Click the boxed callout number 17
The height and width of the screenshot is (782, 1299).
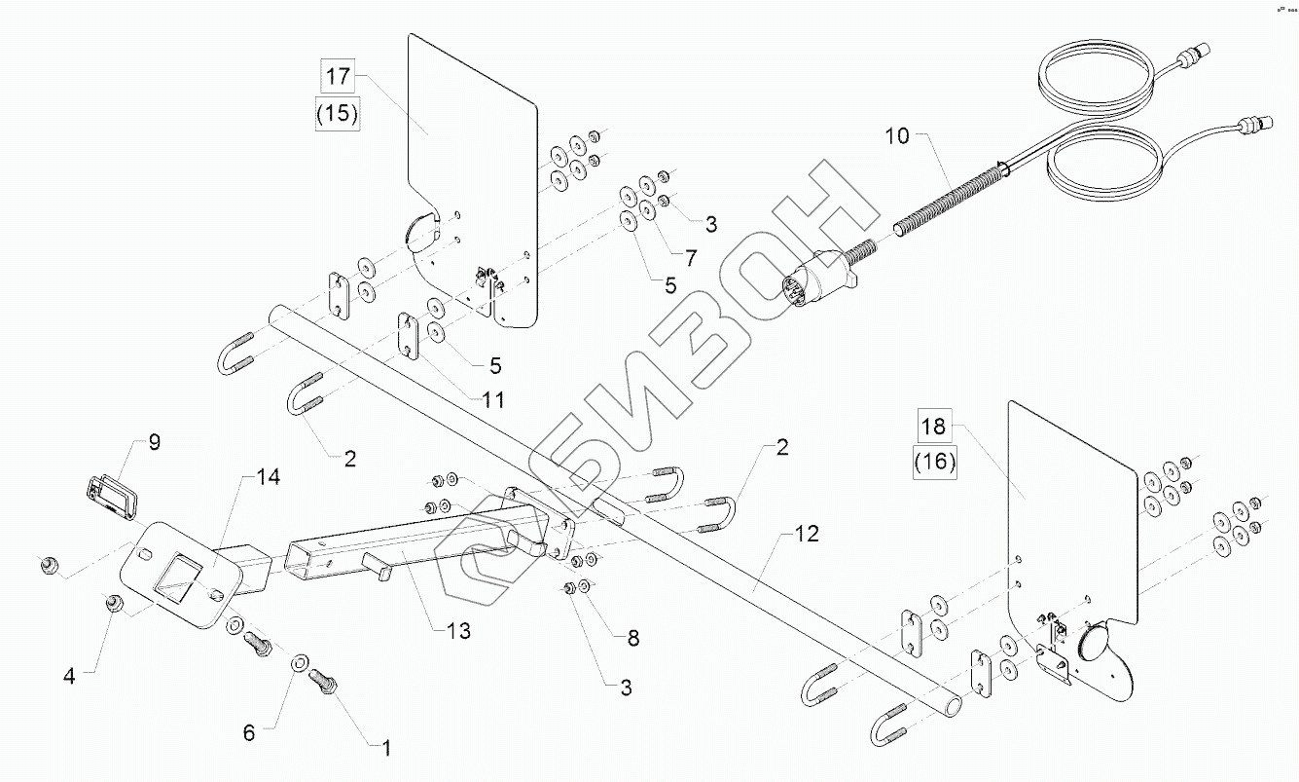(x=338, y=76)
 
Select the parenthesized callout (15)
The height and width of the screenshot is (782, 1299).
(x=338, y=114)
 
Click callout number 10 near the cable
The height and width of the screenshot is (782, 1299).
(x=897, y=137)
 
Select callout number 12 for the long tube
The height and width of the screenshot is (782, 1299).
(x=807, y=534)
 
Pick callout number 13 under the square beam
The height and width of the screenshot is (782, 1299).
(x=453, y=630)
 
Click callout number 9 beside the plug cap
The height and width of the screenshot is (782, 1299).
(x=155, y=443)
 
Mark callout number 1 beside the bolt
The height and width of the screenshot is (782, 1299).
(x=385, y=749)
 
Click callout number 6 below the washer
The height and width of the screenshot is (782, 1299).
(x=249, y=733)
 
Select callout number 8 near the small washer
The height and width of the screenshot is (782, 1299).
(x=632, y=640)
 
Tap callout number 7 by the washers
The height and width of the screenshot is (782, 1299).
(x=691, y=258)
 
